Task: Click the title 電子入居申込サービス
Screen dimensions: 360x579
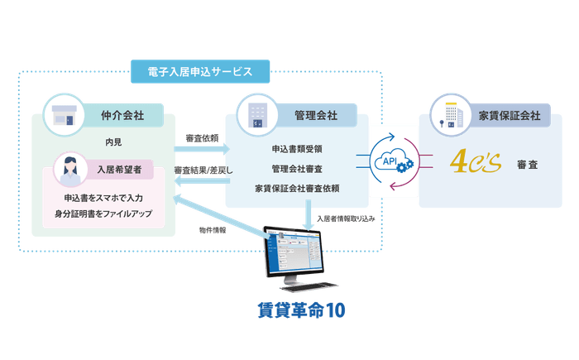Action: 190,72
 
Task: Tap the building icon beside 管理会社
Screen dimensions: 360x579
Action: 256,113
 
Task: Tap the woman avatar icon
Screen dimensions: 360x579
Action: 69,171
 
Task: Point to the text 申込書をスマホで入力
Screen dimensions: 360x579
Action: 103,199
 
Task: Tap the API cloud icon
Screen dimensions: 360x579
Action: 394,162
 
